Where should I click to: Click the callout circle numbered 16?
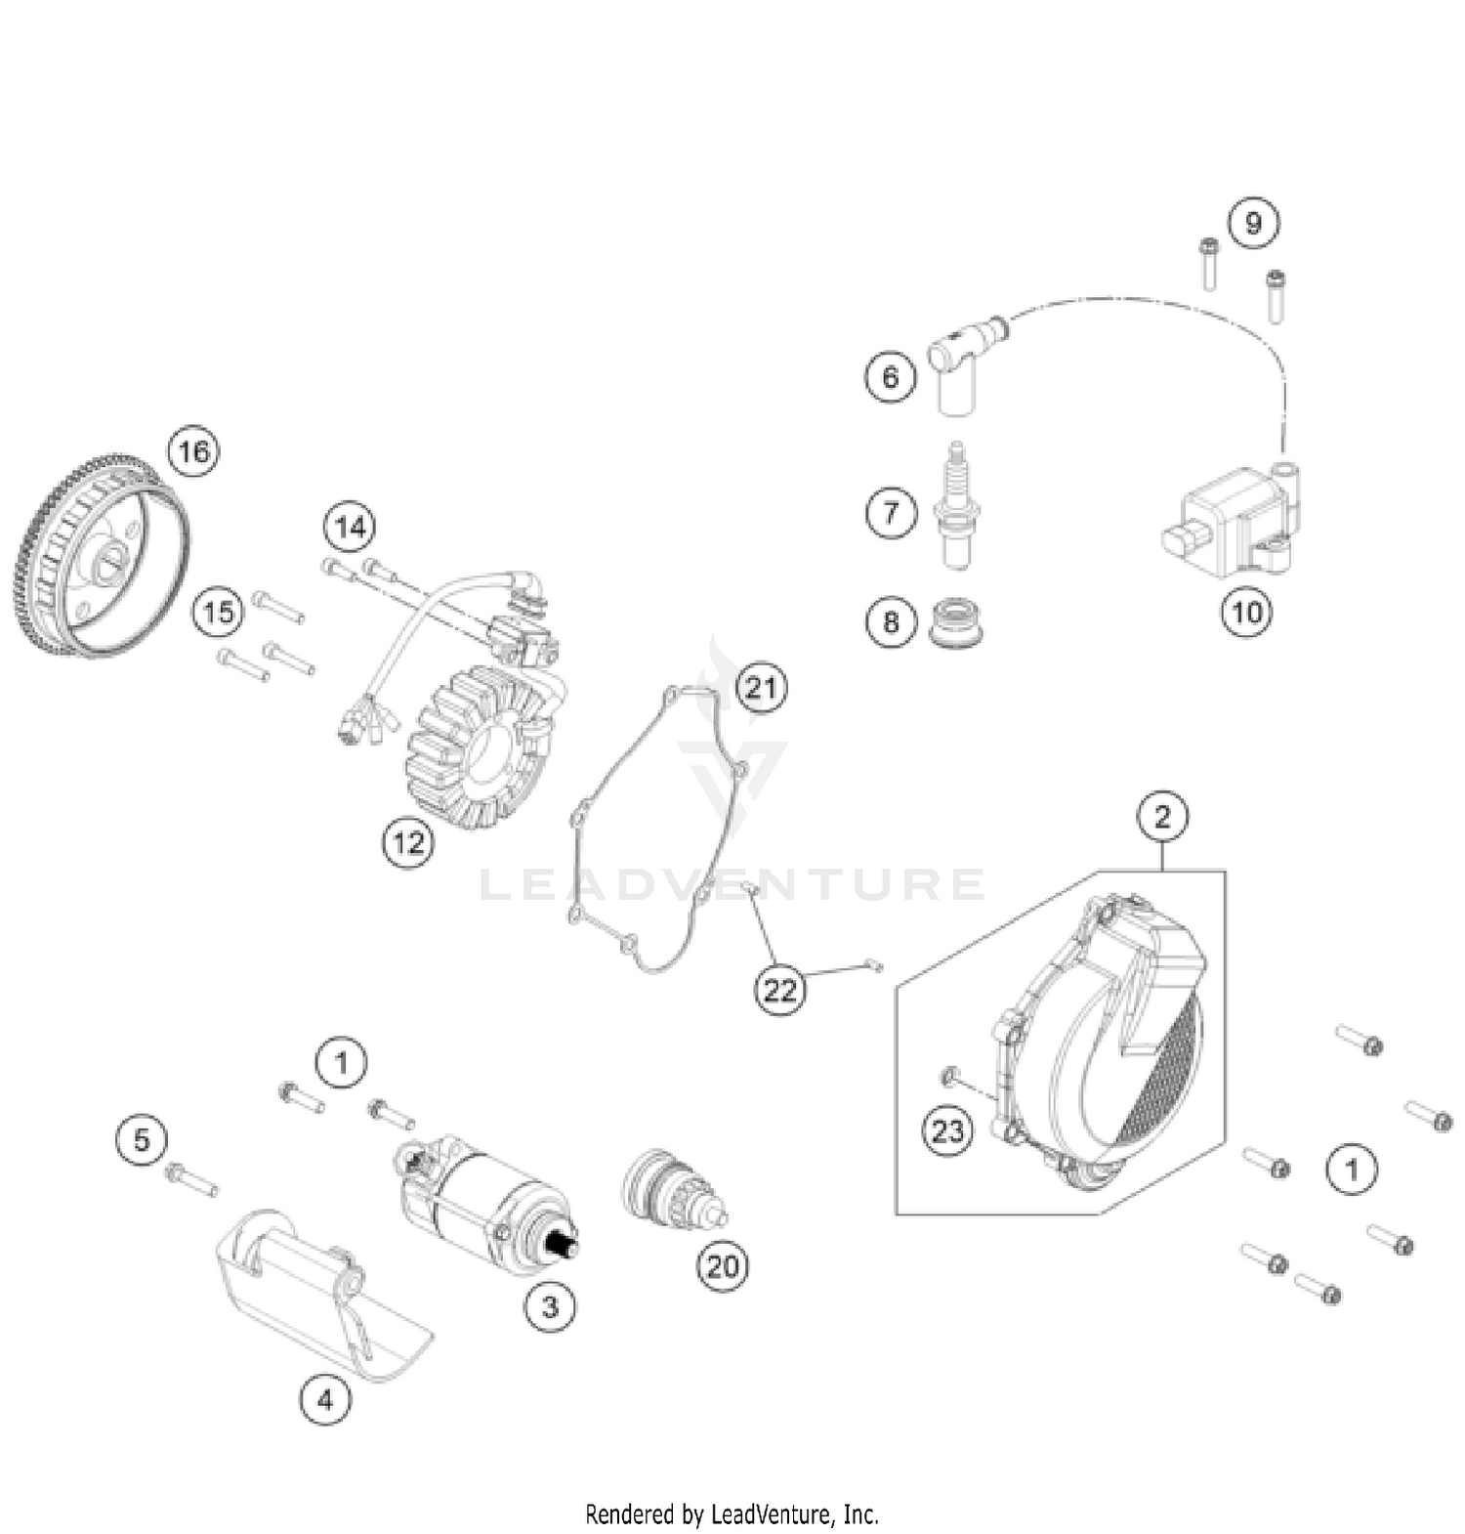coord(193,451)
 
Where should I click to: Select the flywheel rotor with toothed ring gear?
coord(103,557)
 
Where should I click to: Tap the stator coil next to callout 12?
coord(479,747)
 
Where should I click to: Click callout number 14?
coord(350,528)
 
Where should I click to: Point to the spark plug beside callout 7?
coord(955,508)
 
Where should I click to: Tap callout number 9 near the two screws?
coord(1253,223)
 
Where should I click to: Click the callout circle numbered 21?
coord(761,688)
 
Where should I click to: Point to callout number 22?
coord(778,991)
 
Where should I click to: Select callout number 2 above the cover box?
coord(1162,816)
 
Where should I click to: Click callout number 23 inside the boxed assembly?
coord(947,1131)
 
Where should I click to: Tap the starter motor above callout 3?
coord(483,1197)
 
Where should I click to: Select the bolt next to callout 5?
coord(191,1179)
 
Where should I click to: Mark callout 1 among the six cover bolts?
coord(1352,1169)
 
